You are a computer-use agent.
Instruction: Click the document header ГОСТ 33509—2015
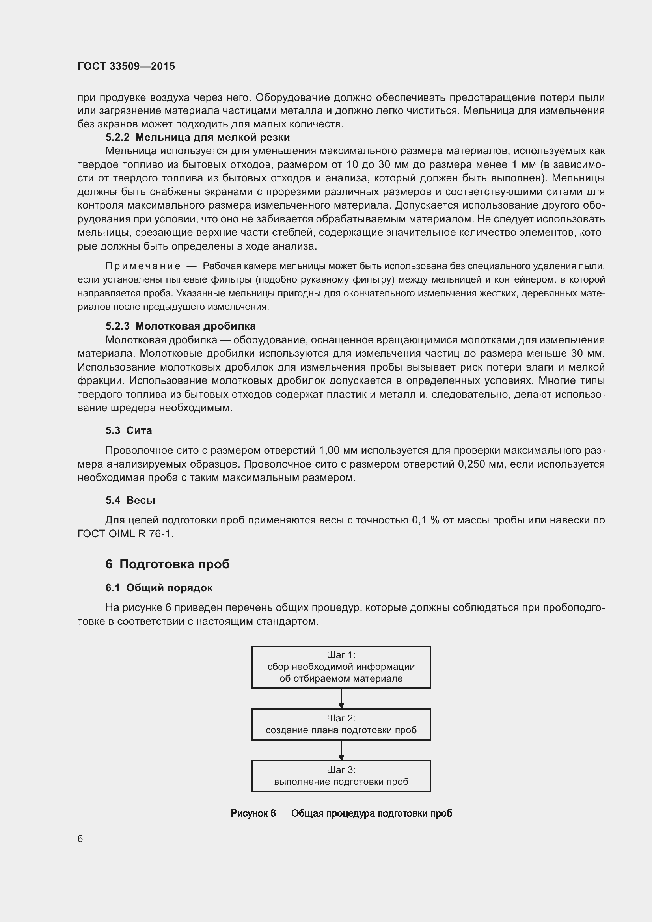(126, 66)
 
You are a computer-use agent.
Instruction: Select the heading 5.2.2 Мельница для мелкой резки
(197, 137)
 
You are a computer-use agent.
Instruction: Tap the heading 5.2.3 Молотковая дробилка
(180, 326)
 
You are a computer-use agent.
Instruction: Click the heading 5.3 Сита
(129, 430)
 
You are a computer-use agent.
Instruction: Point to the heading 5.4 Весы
(130, 500)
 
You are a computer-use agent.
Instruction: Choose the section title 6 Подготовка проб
(168, 564)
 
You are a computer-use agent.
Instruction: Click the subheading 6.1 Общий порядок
(158, 587)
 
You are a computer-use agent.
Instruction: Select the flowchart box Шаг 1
(341, 667)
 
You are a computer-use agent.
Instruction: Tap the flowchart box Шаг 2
(341, 724)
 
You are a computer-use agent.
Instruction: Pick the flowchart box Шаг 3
(341, 776)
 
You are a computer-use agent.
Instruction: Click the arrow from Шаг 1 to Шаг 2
(341, 698)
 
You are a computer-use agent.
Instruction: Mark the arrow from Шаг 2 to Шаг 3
(341, 750)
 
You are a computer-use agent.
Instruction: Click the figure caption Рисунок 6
(341, 813)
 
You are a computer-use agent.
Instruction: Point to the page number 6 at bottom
(80, 838)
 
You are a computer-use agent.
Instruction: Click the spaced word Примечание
(143, 266)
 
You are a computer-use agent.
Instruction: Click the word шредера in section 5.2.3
(132, 408)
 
